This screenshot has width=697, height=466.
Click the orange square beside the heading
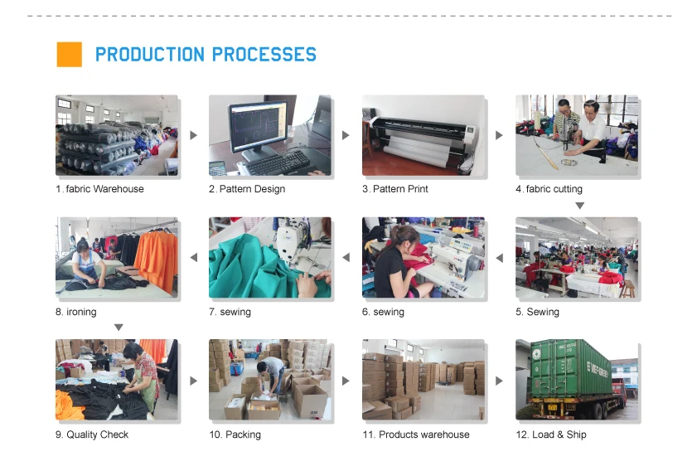pos(69,55)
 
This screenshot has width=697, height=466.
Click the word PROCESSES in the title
pos(264,56)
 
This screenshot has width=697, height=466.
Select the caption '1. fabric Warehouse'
pos(99,189)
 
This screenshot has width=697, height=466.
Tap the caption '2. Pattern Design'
pos(247,189)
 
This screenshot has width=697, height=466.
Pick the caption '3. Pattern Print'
pos(395,189)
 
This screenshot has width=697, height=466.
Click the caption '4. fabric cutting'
pos(549,189)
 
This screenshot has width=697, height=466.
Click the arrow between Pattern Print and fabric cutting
pos(499,135)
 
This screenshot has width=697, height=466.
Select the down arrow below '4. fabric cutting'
pos(579,206)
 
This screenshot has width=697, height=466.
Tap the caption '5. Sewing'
pos(537,312)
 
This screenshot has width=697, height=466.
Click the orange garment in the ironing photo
pos(156,259)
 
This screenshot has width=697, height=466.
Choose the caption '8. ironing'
pos(76,312)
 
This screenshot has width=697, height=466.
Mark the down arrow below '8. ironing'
pos(119,328)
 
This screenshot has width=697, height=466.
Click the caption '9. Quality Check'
pos(92,434)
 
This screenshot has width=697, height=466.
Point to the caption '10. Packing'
pos(235,434)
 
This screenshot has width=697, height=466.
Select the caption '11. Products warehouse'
pos(416,434)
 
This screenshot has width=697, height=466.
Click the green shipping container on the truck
pos(569,367)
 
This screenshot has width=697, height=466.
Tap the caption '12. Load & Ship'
pos(551,434)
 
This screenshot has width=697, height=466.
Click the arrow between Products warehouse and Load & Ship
pos(499,381)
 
